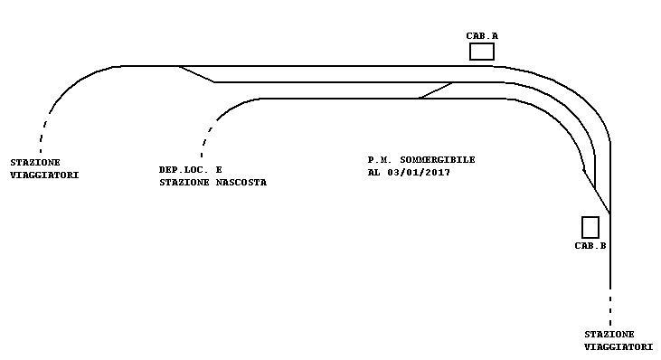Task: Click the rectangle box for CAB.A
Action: click(482, 52)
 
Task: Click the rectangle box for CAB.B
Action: click(590, 227)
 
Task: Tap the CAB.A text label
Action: click(482, 36)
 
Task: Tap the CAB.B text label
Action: click(590, 246)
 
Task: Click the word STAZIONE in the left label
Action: click(35, 163)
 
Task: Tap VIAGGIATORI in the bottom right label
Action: click(619, 346)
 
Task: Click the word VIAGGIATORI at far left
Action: click(44, 175)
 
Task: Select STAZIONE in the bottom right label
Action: click(609, 335)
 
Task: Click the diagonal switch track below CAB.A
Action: click(436, 90)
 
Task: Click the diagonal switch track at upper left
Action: click(197, 74)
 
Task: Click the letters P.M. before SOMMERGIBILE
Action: click(380, 160)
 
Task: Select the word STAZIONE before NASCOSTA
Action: click(184, 183)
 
